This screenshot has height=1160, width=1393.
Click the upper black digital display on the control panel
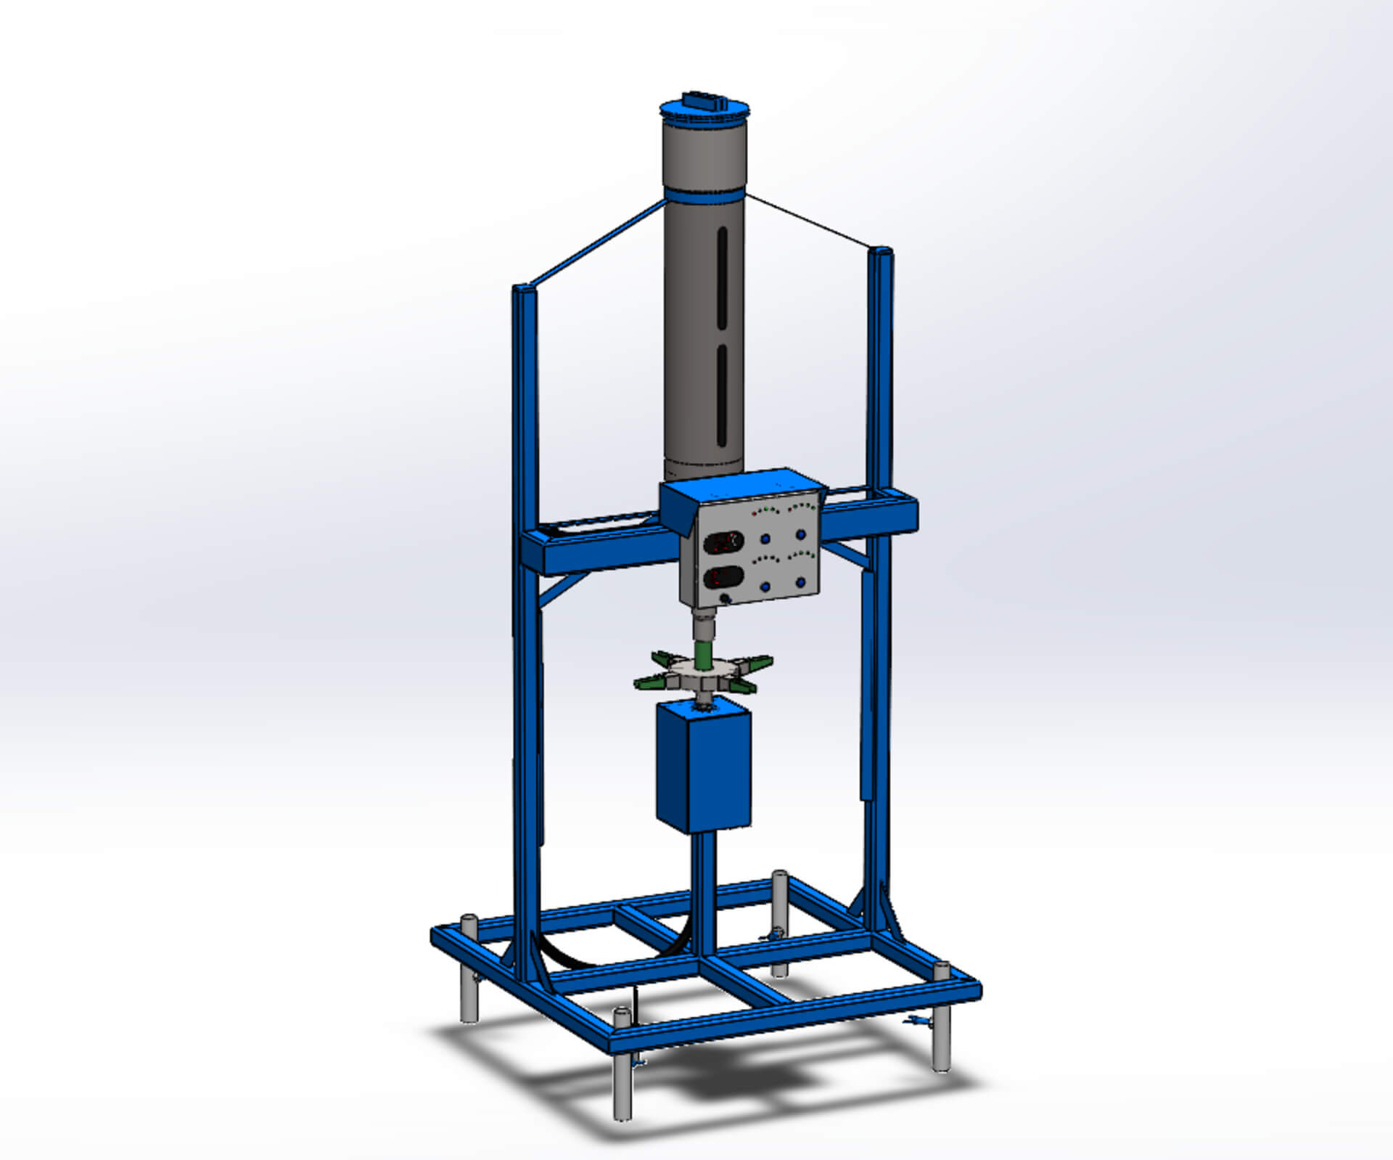pos(723,542)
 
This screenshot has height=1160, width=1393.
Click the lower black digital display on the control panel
pos(723,578)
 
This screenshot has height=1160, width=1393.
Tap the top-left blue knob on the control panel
pos(765,539)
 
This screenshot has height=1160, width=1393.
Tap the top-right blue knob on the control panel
pos(801,534)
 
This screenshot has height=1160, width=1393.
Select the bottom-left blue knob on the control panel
pos(766,587)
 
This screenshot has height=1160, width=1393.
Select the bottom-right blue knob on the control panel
pos(802,582)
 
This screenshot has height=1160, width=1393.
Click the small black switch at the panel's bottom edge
pos(724,599)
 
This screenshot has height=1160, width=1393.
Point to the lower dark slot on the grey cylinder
pos(722,396)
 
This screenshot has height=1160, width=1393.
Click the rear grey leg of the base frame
pos(780,900)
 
